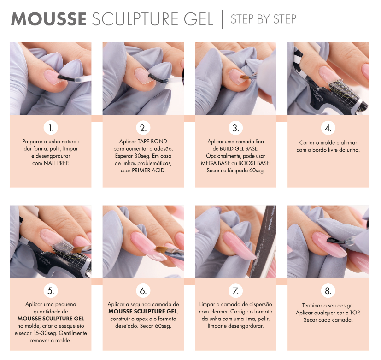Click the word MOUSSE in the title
pos(48,19)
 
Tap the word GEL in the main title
pos(198,19)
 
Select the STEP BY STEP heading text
pos(264,19)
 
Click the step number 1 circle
pos(51,128)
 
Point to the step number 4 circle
pos(328,128)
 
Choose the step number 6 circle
pos(143,291)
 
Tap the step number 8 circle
pos(328,291)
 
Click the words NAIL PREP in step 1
pos(56,163)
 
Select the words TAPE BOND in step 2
pos(152,142)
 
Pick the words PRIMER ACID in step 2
pos(149,171)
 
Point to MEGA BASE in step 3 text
pos(215,163)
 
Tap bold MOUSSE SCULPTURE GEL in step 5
pos(51,319)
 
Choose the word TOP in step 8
pos(355,313)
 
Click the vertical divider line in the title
pos(223,19)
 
